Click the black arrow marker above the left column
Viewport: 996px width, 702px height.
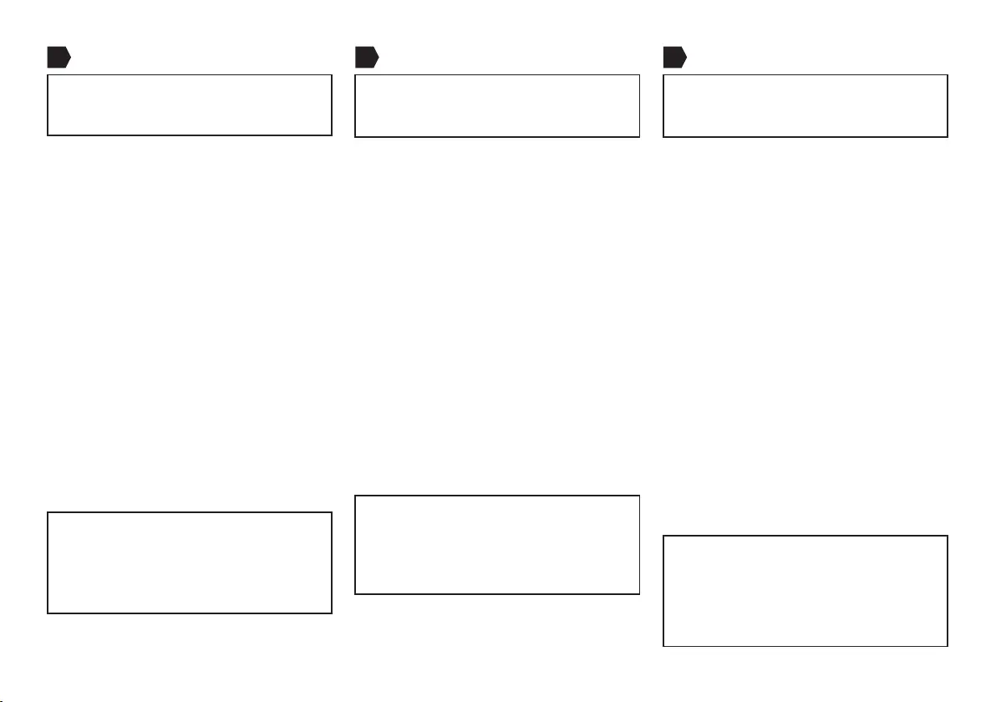[58, 57]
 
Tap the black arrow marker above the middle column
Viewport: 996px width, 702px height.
[366, 57]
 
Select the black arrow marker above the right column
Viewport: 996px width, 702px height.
[674, 57]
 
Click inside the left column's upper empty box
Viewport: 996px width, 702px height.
[190, 105]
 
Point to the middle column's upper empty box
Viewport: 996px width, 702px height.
[497, 105]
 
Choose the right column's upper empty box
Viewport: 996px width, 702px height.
[805, 105]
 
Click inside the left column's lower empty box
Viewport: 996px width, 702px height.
[190, 563]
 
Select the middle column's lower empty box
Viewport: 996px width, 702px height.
[497, 545]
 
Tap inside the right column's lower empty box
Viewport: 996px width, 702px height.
[805, 591]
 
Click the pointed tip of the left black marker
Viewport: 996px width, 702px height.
[70, 57]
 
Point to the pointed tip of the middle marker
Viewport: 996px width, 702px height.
[379, 57]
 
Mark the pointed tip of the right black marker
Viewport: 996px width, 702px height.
[687, 57]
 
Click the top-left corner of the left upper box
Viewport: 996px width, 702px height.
[48, 75]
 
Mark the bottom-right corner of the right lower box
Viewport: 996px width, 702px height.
[948, 646]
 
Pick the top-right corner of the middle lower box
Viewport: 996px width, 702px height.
[639, 496]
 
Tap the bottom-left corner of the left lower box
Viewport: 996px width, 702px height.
[48, 614]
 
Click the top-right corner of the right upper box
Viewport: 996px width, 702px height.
[948, 75]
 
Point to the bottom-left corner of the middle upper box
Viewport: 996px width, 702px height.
[355, 136]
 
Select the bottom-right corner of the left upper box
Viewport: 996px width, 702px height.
[332, 135]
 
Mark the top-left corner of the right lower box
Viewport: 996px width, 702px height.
[663, 537]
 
